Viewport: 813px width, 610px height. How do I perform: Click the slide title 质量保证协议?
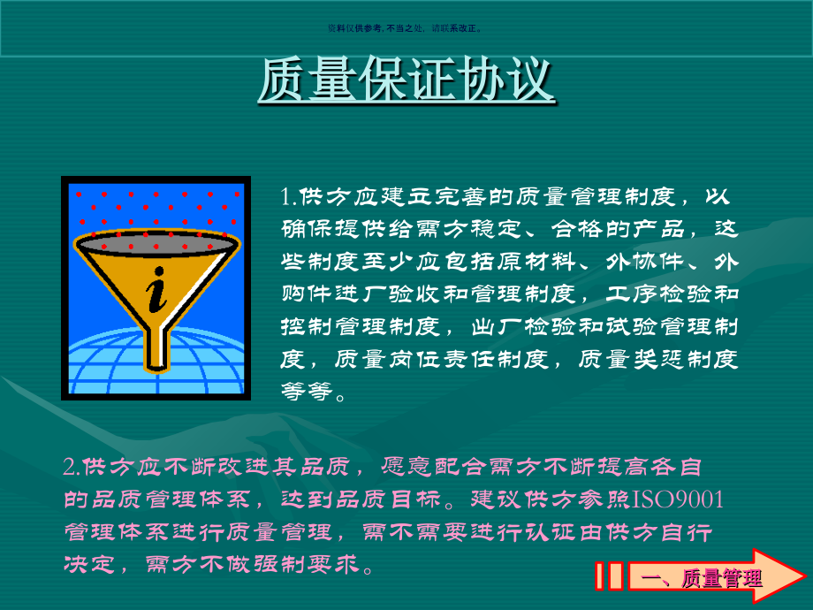click(x=406, y=80)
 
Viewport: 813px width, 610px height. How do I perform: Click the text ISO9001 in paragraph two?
click(x=678, y=500)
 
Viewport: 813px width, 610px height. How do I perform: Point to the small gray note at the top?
click(x=406, y=27)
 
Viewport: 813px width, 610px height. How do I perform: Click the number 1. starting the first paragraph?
click(x=289, y=195)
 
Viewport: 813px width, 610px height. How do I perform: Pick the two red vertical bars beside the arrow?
click(x=609, y=576)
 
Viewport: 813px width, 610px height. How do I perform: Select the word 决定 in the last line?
click(x=88, y=564)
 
